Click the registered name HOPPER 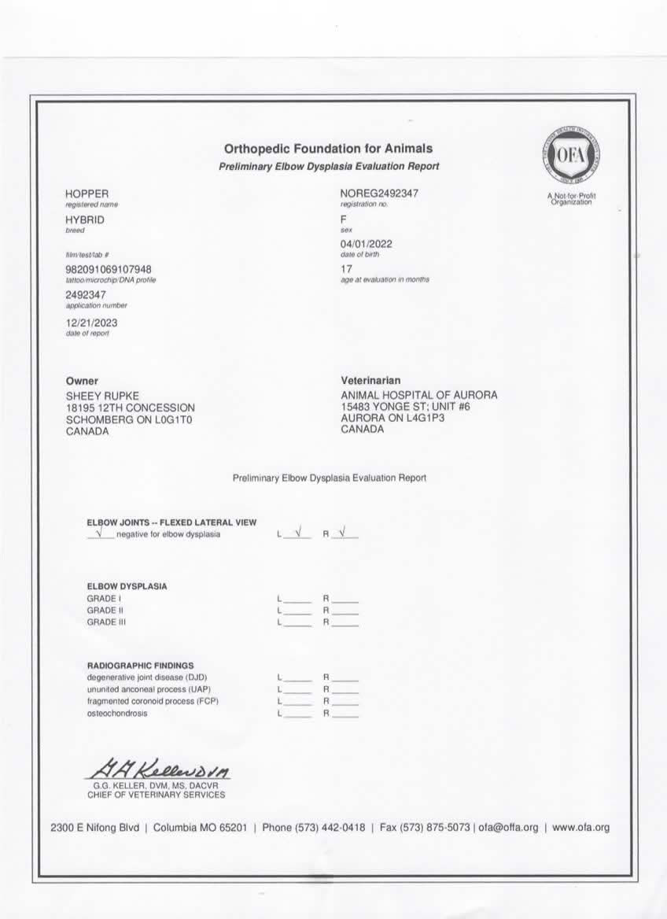[87, 194]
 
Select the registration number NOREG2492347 [379, 194]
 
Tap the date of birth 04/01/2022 [366, 244]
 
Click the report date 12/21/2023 [91, 323]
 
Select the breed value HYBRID [84, 220]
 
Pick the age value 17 [346, 269]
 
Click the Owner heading [82, 381]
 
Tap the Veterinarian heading [370, 381]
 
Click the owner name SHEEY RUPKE [102, 395]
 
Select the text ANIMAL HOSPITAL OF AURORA [418, 395]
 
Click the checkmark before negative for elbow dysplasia [99, 533]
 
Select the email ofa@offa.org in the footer [508, 828]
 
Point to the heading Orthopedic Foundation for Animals [328, 149]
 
